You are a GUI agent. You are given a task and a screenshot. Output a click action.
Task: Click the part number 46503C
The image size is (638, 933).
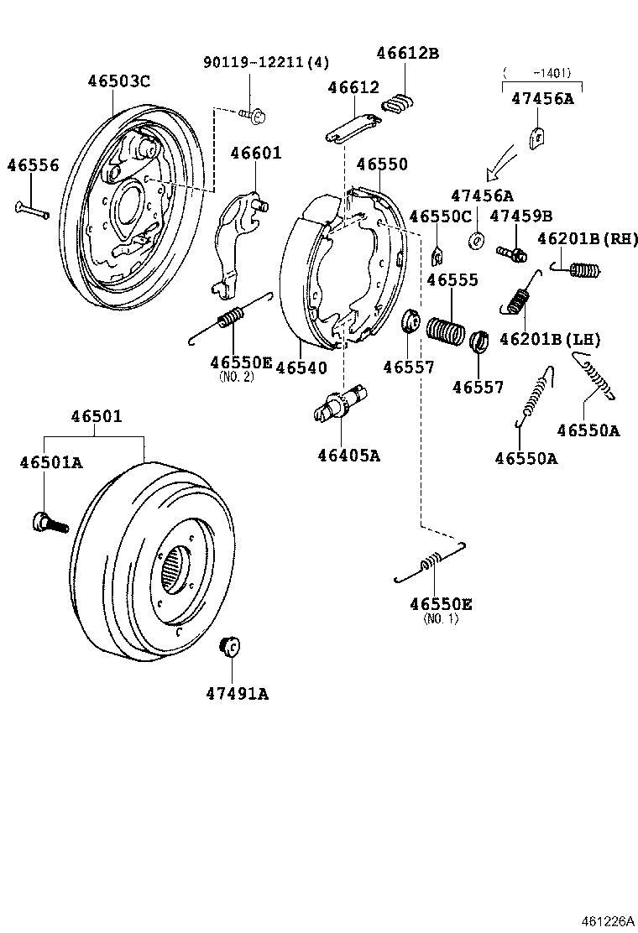pos(118,81)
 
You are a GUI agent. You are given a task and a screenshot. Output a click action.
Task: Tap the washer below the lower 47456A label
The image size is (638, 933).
pos(476,240)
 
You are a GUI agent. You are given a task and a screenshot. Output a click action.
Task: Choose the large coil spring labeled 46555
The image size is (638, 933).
pos(445,329)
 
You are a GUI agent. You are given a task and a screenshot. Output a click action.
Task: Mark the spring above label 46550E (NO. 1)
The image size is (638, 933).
pos(430,564)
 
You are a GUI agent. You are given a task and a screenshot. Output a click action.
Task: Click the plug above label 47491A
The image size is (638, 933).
pos(229,647)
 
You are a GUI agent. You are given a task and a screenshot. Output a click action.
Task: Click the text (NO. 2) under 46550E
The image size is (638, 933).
pos(236,377)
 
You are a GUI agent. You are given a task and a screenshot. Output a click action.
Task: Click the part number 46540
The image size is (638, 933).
pos(301,367)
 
